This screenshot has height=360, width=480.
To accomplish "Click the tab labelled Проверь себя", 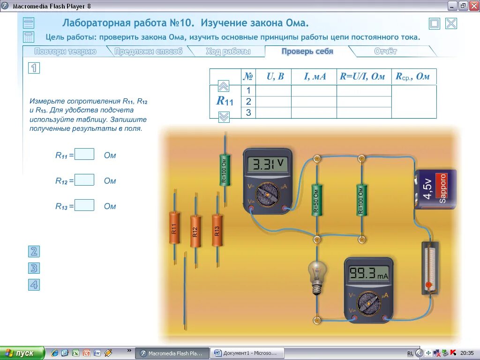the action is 307,52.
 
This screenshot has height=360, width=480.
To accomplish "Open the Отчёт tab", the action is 385,52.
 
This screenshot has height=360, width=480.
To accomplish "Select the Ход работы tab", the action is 228,52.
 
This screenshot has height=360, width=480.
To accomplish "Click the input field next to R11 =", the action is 84,154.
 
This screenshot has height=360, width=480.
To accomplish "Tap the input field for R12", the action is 84,180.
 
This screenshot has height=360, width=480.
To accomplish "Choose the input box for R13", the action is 84,205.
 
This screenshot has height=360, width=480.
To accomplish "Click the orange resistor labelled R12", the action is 195,231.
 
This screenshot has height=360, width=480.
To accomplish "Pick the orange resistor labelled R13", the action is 217,230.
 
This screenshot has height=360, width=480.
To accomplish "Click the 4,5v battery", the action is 435,189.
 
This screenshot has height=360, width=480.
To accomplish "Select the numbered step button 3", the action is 34,268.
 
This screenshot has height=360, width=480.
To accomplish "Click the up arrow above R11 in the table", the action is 224,86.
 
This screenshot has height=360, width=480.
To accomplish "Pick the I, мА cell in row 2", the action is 314,102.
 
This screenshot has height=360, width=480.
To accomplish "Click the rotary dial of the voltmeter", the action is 268,194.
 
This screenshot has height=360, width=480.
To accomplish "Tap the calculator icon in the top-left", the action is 29,37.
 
